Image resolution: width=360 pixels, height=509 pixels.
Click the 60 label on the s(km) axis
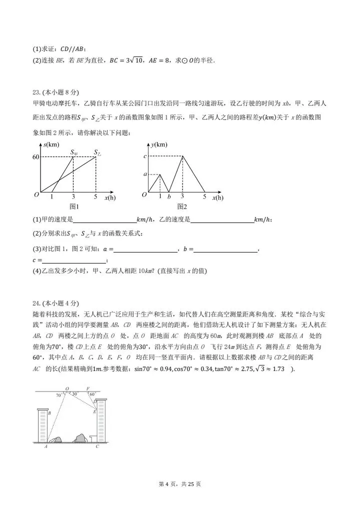(35, 157)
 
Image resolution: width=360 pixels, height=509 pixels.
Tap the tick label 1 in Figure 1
(52, 197)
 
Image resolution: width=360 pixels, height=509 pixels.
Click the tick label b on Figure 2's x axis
(169, 197)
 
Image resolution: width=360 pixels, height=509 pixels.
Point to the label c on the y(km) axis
(144, 156)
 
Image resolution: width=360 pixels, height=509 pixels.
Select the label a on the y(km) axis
(144, 174)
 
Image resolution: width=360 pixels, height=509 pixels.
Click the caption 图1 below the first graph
(74, 206)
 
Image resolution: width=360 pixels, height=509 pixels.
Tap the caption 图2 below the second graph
(181, 206)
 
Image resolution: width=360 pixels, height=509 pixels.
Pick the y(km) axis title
(159, 145)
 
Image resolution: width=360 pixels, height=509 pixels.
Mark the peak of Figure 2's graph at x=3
(182, 156)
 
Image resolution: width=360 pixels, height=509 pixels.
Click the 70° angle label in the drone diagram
(59, 394)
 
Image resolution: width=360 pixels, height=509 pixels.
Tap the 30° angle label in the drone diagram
(74, 393)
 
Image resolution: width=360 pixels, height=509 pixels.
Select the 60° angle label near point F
(91, 394)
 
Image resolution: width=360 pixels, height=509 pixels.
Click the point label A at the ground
(46, 446)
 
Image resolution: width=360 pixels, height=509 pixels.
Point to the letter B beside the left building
(49, 413)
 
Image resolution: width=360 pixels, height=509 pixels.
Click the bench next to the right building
(92, 438)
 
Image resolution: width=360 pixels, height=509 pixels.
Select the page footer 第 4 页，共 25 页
(179, 484)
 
